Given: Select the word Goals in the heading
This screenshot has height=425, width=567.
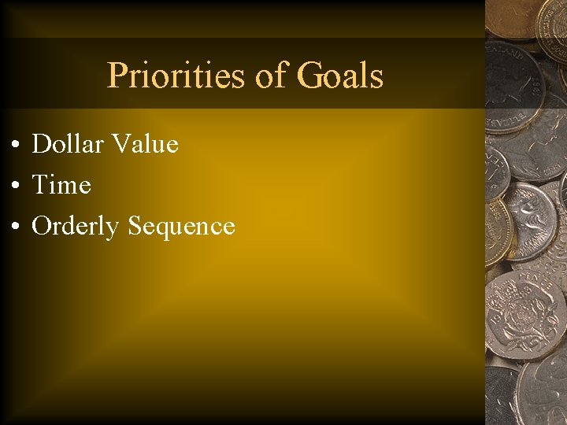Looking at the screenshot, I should point(340,76).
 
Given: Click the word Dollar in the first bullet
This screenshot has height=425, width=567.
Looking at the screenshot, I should point(68,144).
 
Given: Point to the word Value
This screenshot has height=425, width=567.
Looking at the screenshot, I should point(145,144).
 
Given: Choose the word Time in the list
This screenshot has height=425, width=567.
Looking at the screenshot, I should point(61,185).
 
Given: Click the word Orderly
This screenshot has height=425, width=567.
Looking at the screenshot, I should point(76,226).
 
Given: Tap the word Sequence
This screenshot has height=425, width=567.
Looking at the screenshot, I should point(181,227).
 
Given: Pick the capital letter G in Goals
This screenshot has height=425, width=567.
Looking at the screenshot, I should point(309,76).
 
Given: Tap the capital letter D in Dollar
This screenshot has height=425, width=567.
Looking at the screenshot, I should point(41,144).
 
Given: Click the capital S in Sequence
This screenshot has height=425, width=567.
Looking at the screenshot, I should point(135,226).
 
